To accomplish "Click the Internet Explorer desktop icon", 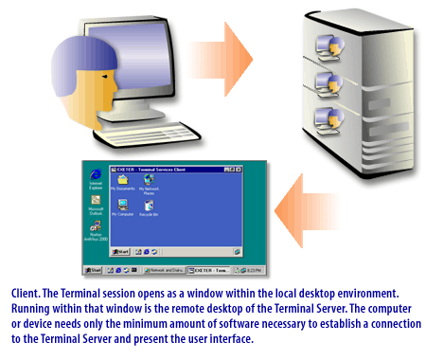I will [96, 176].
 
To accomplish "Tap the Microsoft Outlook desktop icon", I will [96, 203].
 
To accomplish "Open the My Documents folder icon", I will [121, 180].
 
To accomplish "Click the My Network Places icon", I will [149, 180].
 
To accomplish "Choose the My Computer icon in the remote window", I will [121, 206].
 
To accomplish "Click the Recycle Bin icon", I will [149, 206].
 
